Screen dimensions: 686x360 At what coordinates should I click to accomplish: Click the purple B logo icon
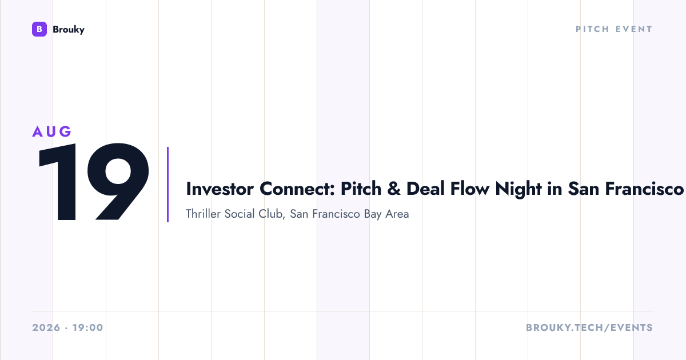(x=39, y=29)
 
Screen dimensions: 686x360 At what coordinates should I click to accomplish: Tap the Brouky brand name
(x=69, y=30)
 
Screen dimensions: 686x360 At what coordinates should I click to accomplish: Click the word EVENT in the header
(x=634, y=29)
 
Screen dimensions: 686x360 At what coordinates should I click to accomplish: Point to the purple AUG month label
(x=52, y=131)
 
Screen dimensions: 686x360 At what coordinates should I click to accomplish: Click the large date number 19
(x=94, y=182)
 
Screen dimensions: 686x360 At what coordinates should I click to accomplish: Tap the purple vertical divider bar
(x=168, y=184)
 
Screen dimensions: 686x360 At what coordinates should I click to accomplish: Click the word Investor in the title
(x=220, y=189)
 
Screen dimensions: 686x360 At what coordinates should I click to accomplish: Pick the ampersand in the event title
(x=394, y=189)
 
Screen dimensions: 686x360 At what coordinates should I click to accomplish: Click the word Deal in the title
(x=425, y=189)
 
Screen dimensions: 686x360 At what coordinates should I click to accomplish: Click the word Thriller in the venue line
(x=203, y=214)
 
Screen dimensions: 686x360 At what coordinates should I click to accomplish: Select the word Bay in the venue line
(x=373, y=214)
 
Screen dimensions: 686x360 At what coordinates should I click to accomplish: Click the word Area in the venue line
(x=397, y=214)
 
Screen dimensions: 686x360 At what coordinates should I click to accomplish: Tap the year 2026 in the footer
(x=46, y=327)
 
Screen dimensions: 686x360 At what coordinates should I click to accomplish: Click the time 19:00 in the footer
(x=88, y=327)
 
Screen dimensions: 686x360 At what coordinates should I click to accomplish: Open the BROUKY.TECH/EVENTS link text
(x=589, y=327)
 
